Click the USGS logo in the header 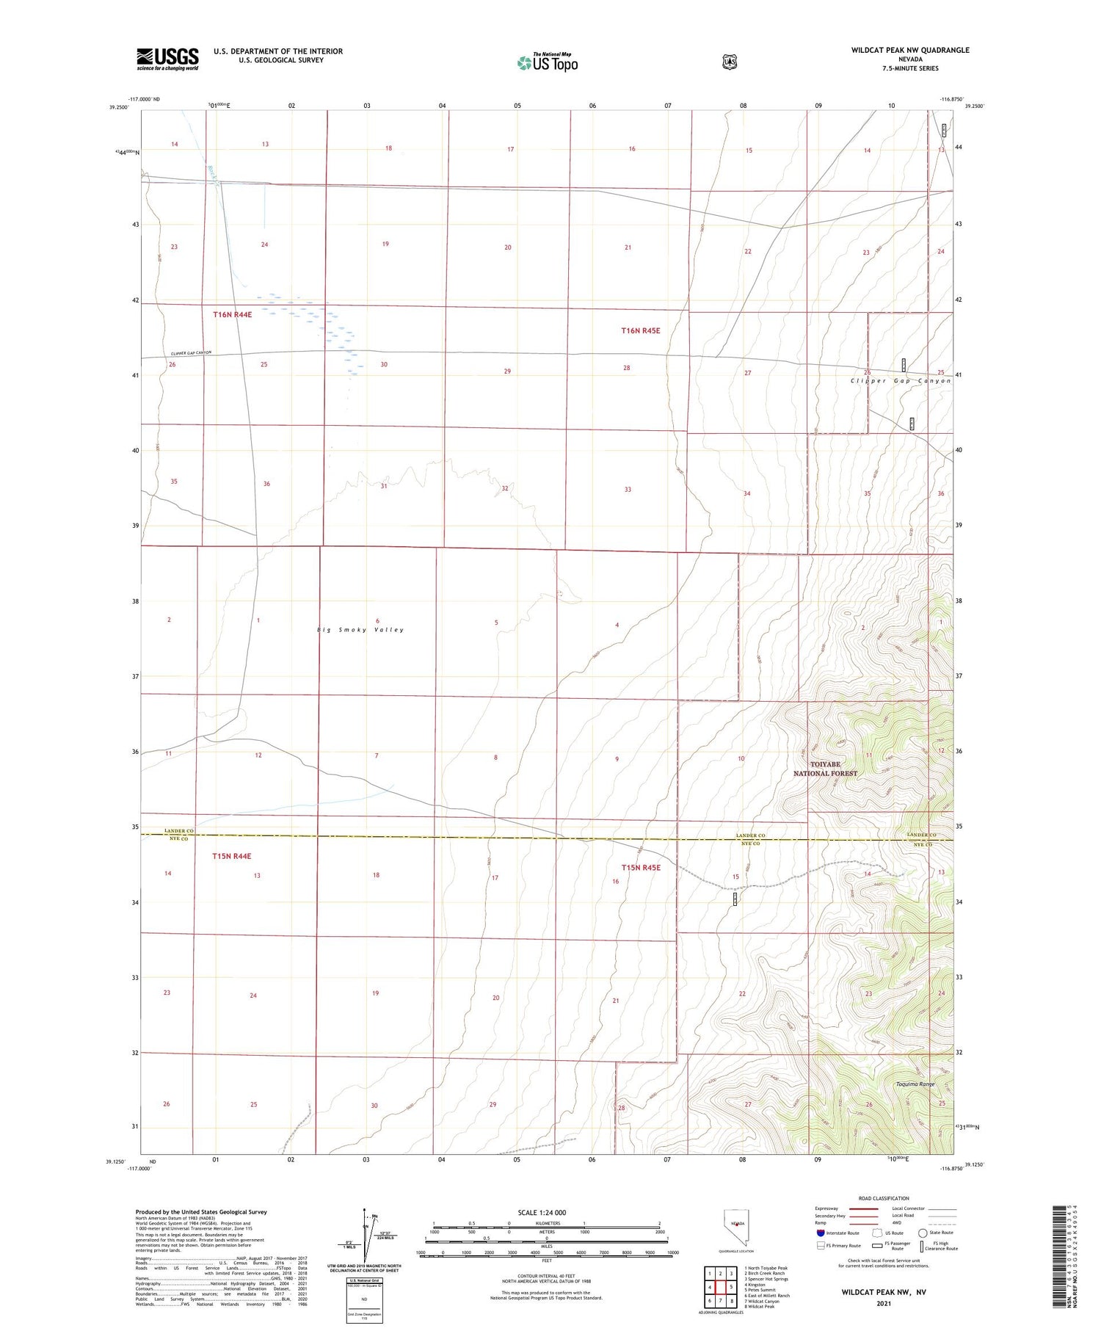pyautogui.click(x=167, y=59)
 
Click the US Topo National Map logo pyautogui.click(x=547, y=62)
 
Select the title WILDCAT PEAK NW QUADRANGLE pyautogui.click(x=910, y=50)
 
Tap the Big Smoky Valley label pyautogui.click(x=360, y=630)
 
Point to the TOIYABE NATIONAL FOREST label pyautogui.click(x=825, y=769)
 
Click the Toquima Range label pyautogui.click(x=915, y=1084)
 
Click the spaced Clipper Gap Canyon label pyautogui.click(x=901, y=381)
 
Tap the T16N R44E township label pyautogui.click(x=232, y=314)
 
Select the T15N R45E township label pyautogui.click(x=641, y=868)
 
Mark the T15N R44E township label pyautogui.click(x=232, y=856)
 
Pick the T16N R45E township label pyautogui.click(x=640, y=330)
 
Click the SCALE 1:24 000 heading pyautogui.click(x=542, y=1213)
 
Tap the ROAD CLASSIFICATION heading pyautogui.click(x=884, y=1198)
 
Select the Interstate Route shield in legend pyautogui.click(x=821, y=1233)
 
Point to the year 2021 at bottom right pyautogui.click(x=884, y=1303)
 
